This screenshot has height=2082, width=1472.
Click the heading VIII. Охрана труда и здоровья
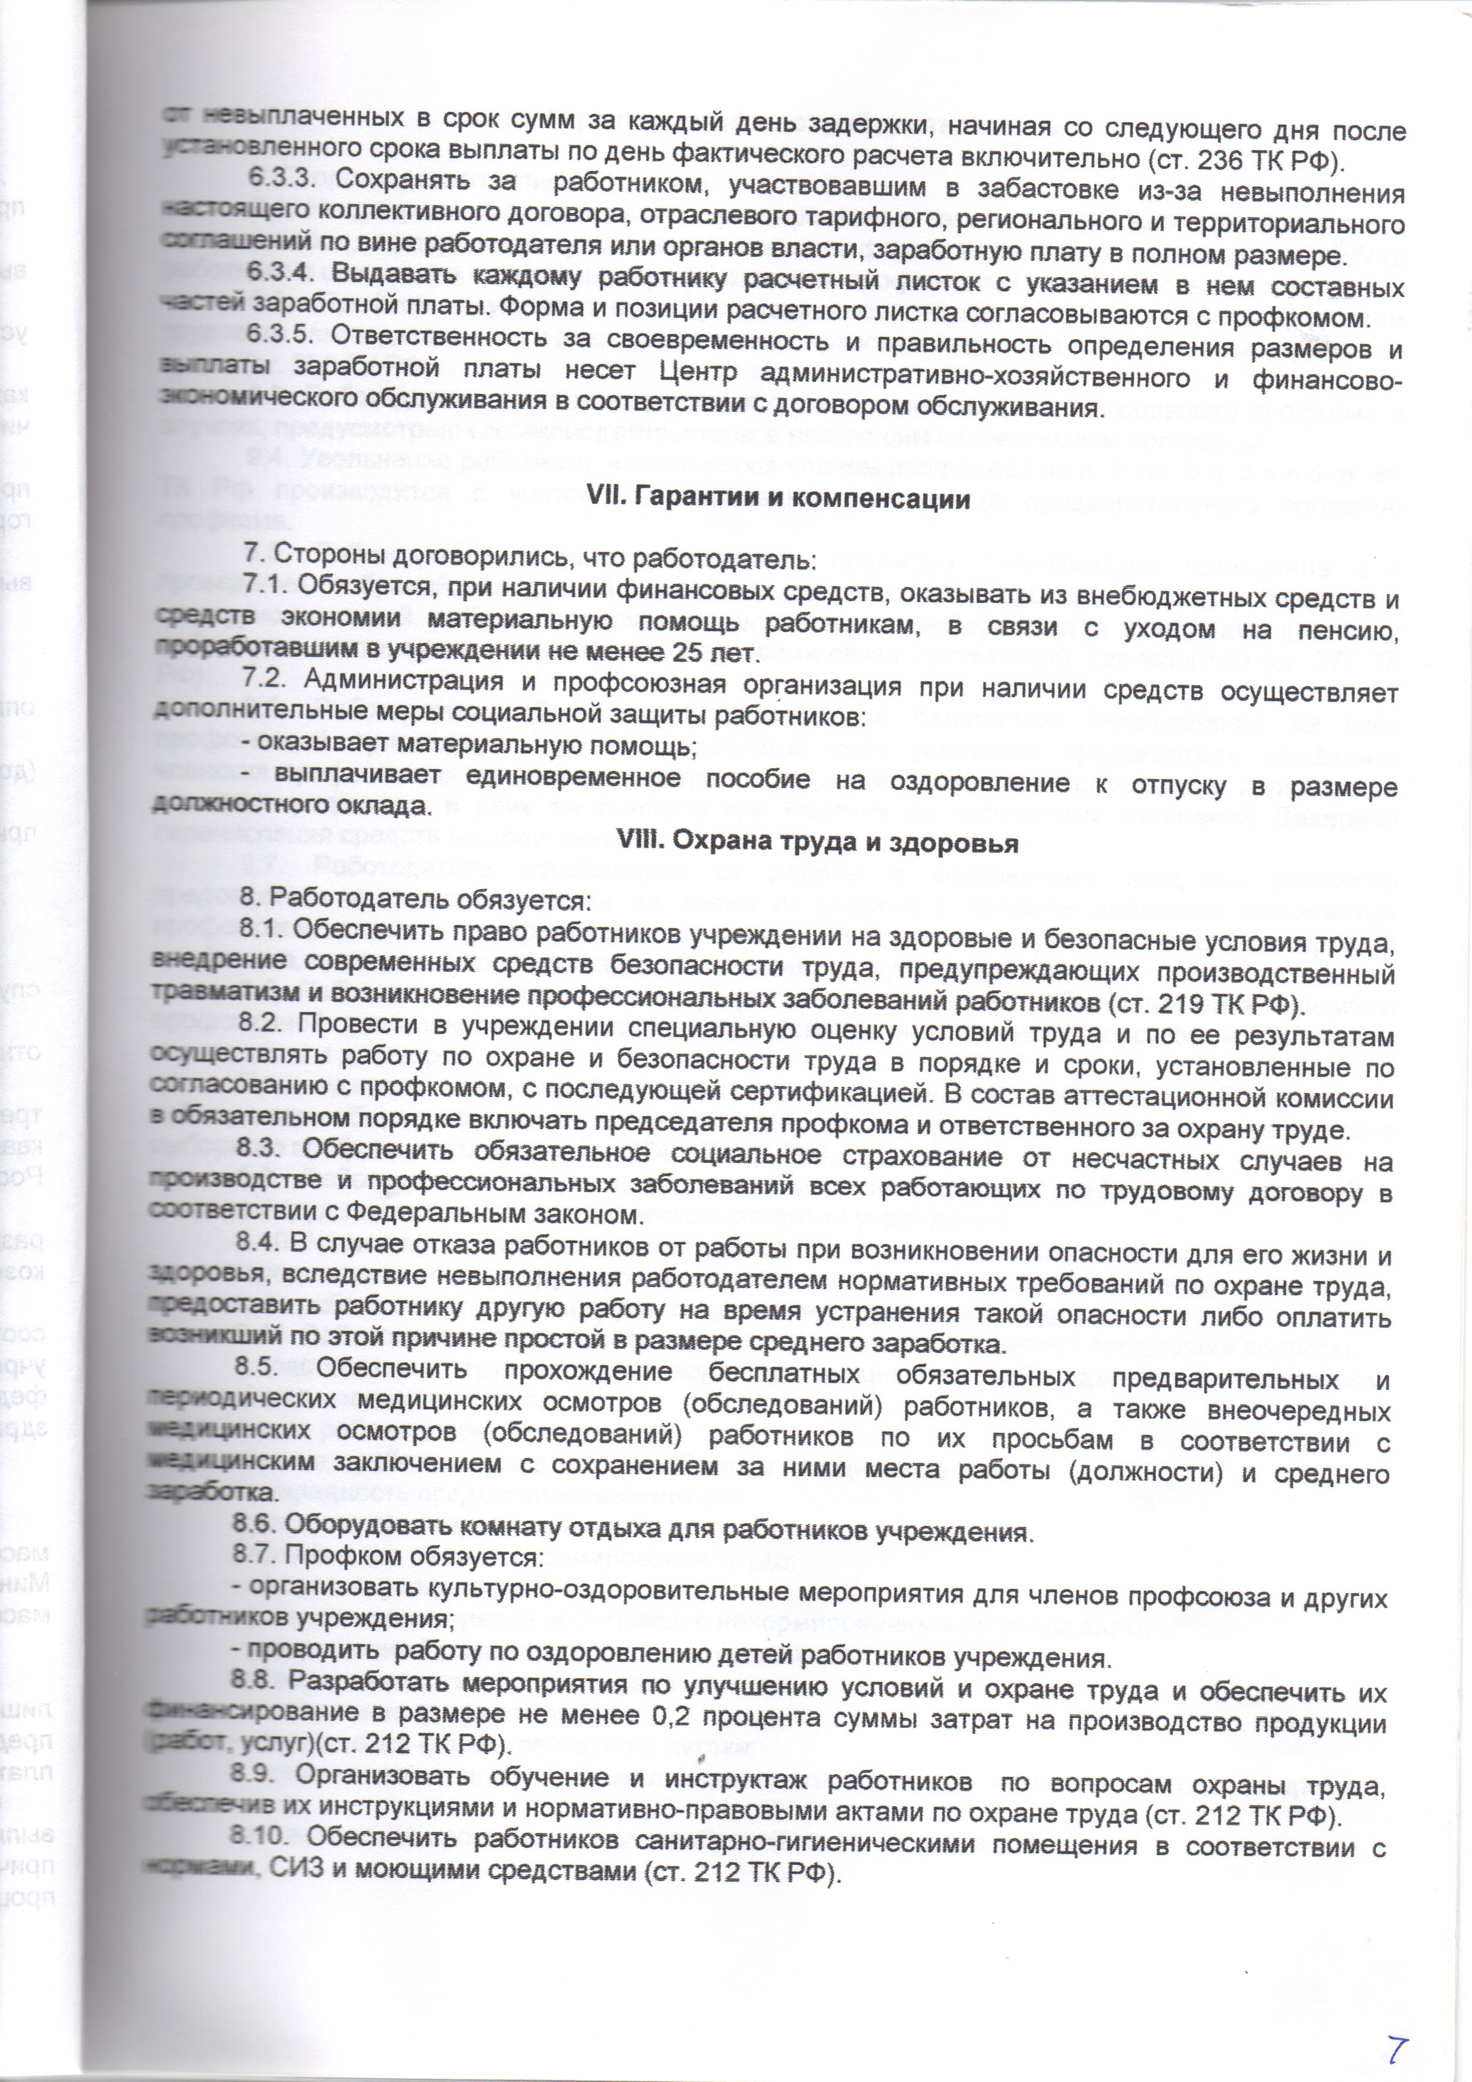(x=817, y=843)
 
